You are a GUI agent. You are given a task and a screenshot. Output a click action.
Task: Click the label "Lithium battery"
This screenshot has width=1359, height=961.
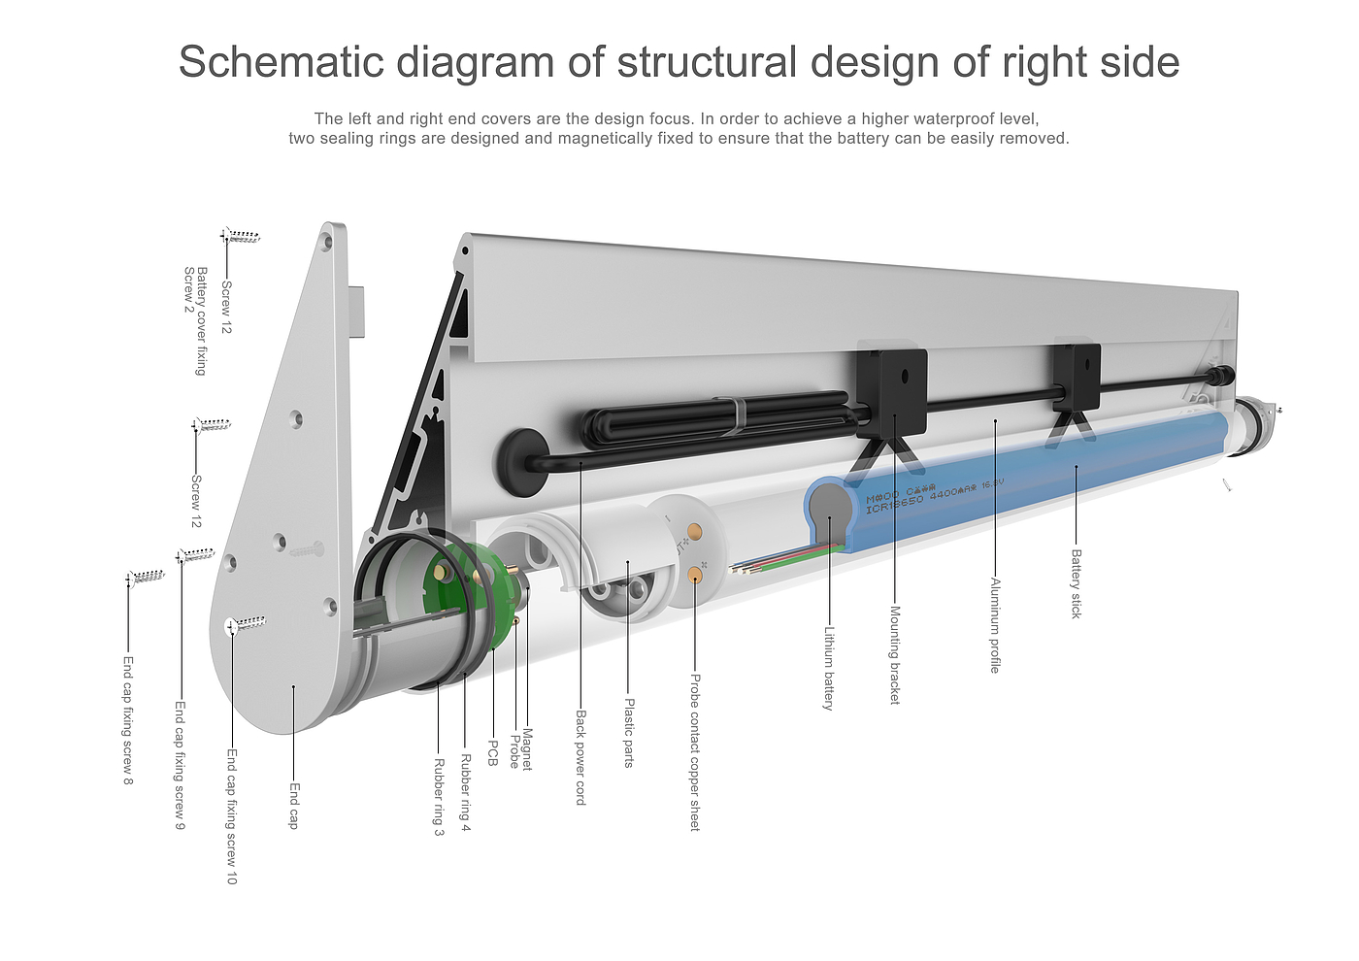(x=828, y=668)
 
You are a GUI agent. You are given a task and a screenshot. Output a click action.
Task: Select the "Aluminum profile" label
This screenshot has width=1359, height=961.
(x=994, y=625)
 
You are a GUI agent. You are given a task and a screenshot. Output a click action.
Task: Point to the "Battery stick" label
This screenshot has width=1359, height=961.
(x=1076, y=583)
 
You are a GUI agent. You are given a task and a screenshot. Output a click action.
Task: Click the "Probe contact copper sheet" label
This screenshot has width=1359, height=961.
(x=694, y=752)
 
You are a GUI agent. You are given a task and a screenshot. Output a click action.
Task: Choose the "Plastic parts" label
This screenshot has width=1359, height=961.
(x=629, y=733)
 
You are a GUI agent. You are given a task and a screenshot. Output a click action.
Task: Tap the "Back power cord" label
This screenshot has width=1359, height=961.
(x=580, y=757)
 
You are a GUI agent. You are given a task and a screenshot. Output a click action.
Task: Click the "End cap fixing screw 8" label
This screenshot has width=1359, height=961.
(x=128, y=720)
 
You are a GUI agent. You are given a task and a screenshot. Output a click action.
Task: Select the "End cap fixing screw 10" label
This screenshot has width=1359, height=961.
(x=231, y=815)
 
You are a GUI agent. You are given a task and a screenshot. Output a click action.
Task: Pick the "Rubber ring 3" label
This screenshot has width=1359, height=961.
(x=439, y=796)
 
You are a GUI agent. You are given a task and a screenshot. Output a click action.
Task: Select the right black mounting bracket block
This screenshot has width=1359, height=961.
(x=1077, y=377)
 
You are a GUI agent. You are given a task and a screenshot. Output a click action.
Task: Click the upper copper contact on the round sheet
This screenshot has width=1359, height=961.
(x=695, y=532)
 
